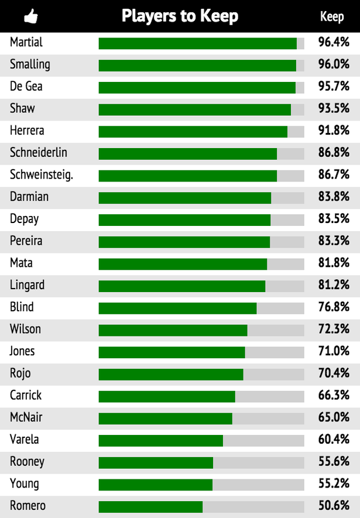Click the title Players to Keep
[180, 16]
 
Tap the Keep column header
[332, 16]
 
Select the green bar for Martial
[198, 43]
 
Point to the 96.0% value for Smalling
[334, 64]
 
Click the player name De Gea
[26, 87]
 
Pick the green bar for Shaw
[195, 109]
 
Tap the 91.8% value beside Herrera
[334, 131]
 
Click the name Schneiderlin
[39, 152]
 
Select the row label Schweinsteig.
[42, 174]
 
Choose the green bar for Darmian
[185, 198]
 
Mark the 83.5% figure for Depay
[334, 219]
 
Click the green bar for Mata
[183, 264]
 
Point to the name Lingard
[28, 285]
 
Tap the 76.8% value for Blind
[334, 307]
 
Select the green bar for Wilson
[173, 330]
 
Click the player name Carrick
[26, 395]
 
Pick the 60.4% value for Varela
[334, 440]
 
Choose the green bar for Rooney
[156, 462]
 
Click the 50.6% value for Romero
[334, 506]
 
